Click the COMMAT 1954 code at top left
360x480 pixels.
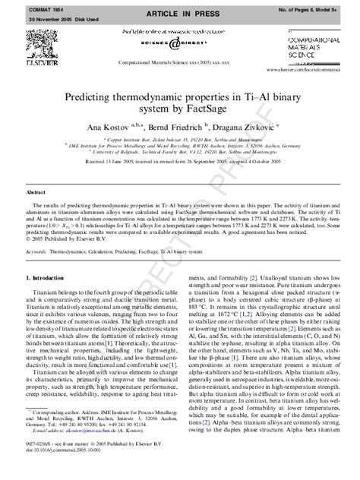23,5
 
